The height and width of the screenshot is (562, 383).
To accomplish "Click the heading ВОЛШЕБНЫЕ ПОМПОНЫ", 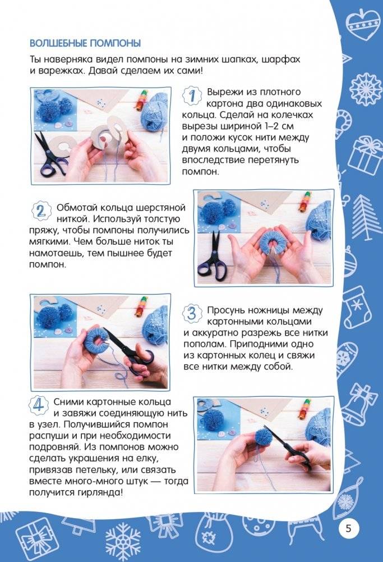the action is pyautogui.click(x=85, y=43).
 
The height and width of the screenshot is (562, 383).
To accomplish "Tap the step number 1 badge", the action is pyautogui.click(x=192, y=95).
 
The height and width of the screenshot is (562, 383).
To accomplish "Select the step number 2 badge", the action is pyautogui.click(x=40, y=211).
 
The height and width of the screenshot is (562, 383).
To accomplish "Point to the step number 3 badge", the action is pyautogui.click(x=192, y=313).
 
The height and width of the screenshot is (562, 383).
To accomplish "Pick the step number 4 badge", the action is pyautogui.click(x=38, y=405).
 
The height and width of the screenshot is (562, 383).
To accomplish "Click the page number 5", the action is pyautogui.click(x=348, y=528).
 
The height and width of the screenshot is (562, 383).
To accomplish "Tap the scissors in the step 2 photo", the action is pyautogui.click(x=213, y=256).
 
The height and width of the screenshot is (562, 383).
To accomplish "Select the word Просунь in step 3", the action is pyautogui.click(x=230, y=310).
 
